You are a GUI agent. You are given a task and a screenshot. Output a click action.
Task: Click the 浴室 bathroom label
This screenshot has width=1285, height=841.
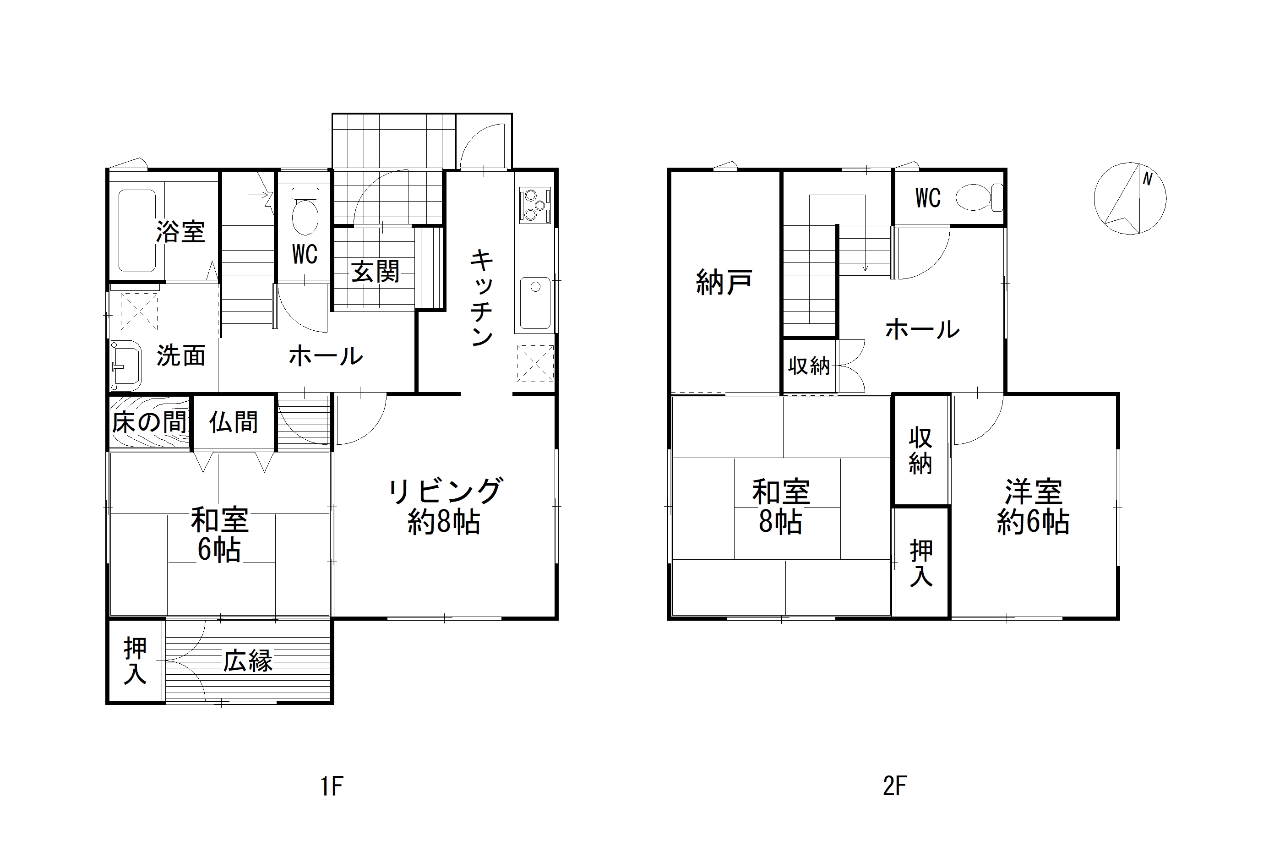(180, 232)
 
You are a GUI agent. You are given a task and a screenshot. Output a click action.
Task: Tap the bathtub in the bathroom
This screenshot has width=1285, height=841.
(137, 231)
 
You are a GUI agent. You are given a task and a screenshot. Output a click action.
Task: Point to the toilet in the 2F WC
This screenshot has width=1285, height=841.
(979, 197)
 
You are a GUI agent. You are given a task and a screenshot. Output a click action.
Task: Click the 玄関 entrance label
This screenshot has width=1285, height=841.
(375, 271)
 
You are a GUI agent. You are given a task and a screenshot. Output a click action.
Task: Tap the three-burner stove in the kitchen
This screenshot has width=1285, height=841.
(534, 205)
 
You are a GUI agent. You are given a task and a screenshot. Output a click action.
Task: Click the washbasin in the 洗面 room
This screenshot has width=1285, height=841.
(126, 365)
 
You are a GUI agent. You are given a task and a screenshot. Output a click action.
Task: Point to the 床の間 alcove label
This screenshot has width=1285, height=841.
(150, 422)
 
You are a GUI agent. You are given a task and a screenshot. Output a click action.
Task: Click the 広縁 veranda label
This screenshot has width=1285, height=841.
(248, 661)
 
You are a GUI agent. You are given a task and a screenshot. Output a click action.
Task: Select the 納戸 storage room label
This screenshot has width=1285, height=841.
(724, 282)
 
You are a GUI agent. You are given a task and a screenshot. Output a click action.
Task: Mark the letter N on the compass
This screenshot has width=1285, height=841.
(1147, 179)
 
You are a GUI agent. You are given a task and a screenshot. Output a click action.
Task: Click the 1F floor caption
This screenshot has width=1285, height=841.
(332, 786)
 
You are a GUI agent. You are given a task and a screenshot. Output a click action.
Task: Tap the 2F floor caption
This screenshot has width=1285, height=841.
(895, 786)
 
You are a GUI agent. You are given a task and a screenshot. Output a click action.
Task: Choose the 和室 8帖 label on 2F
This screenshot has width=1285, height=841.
(781, 507)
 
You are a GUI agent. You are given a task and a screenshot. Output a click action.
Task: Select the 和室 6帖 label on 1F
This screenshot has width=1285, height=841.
(220, 535)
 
